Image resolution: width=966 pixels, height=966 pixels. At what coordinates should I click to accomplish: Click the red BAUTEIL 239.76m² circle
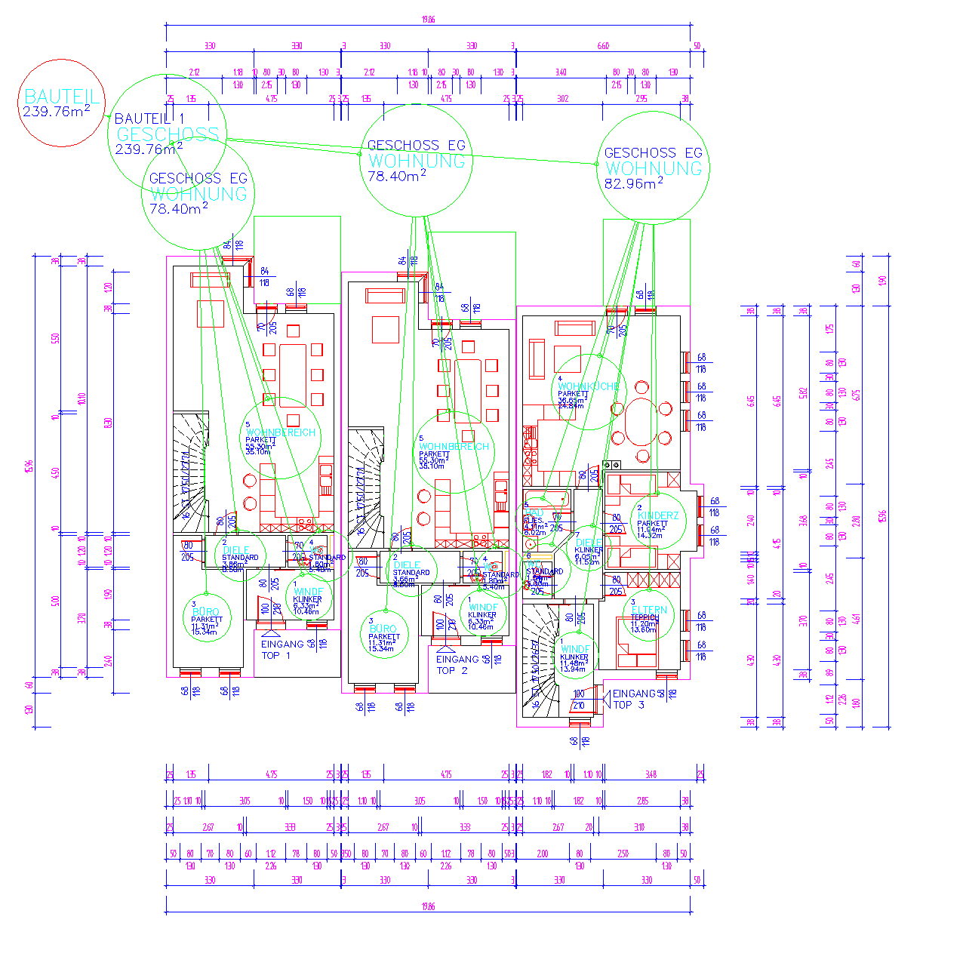pyautogui.click(x=61, y=103)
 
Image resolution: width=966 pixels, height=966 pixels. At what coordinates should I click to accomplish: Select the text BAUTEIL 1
pyautogui.click(x=149, y=118)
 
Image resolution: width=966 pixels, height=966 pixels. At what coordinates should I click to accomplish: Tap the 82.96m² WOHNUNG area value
pyautogui.click(x=633, y=183)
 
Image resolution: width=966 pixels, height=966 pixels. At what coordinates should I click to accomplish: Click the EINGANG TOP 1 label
pyautogui.click(x=281, y=650)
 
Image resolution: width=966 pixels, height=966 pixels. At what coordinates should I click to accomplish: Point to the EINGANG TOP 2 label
pyautogui.click(x=457, y=665)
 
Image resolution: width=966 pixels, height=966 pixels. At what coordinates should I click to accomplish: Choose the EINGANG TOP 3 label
pyautogui.click(x=633, y=699)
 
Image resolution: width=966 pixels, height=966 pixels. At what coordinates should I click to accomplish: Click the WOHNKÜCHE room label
pyautogui.click(x=588, y=386)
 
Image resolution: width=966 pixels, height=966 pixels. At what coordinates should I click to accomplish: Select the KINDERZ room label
pyautogui.click(x=658, y=515)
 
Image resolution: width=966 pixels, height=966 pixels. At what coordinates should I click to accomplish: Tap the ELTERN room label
pyautogui.click(x=649, y=610)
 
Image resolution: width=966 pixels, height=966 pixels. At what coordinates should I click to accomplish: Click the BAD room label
pyautogui.click(x=534, y=513)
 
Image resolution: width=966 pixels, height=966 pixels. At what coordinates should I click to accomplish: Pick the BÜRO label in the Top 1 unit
pyautogui.click(x=205, y=612)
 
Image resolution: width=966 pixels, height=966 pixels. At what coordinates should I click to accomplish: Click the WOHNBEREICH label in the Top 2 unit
pyautogui.click(x=454, y=446)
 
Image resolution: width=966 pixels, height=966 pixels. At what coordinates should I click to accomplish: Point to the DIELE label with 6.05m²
pyautogui.click(x=589, y=543)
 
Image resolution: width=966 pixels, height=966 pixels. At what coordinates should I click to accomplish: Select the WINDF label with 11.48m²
pyautogui.click(x=575, y=649)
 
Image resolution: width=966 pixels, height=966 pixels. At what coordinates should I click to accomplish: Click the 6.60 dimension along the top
pyautogui.click(x=603, y=46)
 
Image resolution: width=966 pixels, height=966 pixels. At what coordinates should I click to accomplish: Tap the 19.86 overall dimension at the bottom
pyautogui.click(x=428, y=906)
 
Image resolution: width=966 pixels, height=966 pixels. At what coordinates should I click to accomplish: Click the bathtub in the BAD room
pyautogui.click(x=546, y=498)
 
